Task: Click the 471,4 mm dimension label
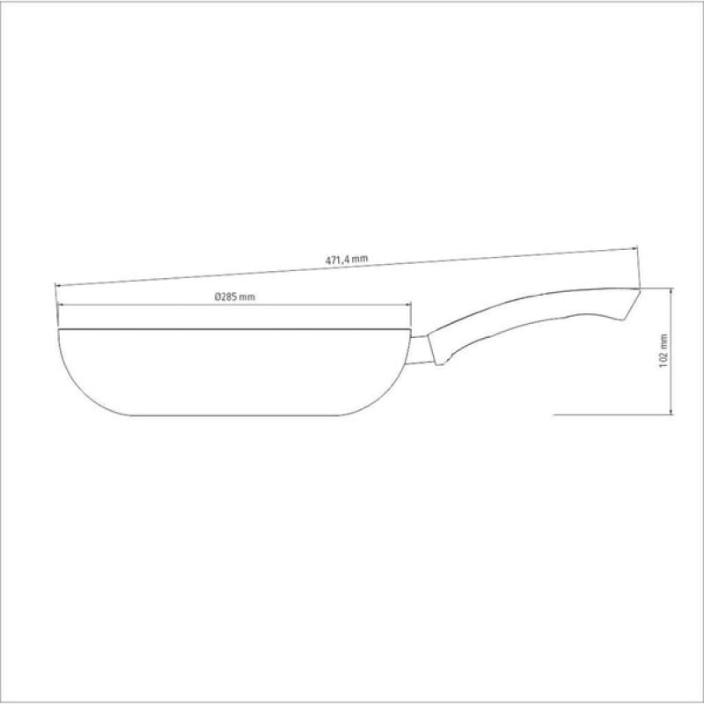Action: coord(346,259)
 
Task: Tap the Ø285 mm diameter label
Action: coord(234,297)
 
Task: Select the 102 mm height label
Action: coord(664,350)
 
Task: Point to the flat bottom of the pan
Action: coord(234,415)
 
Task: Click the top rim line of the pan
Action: coord(234,329)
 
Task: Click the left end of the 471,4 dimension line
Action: coord(55,285)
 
